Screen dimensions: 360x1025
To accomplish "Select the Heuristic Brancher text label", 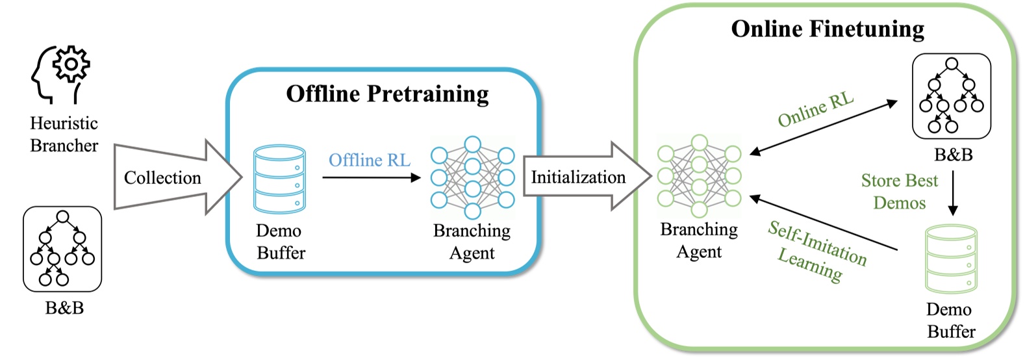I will [64, 135].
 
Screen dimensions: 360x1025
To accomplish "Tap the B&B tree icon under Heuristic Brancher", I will [62, 249].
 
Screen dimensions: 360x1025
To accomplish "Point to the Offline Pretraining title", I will [387, 94].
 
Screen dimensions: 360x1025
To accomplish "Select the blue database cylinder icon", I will [279, 179].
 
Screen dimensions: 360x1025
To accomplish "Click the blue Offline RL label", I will [369, 160].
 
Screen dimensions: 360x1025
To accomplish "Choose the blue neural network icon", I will [472, 177].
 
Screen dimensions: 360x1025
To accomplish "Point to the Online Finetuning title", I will [828, 29].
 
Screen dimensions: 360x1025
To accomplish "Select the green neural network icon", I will [699, 175].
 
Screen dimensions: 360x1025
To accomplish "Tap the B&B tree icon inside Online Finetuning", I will [952, 96].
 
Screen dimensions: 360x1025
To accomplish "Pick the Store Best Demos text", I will [899, 192].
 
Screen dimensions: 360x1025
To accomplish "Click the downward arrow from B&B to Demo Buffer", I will [953, 192].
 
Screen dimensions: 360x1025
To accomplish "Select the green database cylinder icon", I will [950, 259].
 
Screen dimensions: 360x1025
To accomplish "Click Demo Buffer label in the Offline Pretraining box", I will [280, 242].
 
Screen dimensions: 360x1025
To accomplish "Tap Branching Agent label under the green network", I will [699, 240].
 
